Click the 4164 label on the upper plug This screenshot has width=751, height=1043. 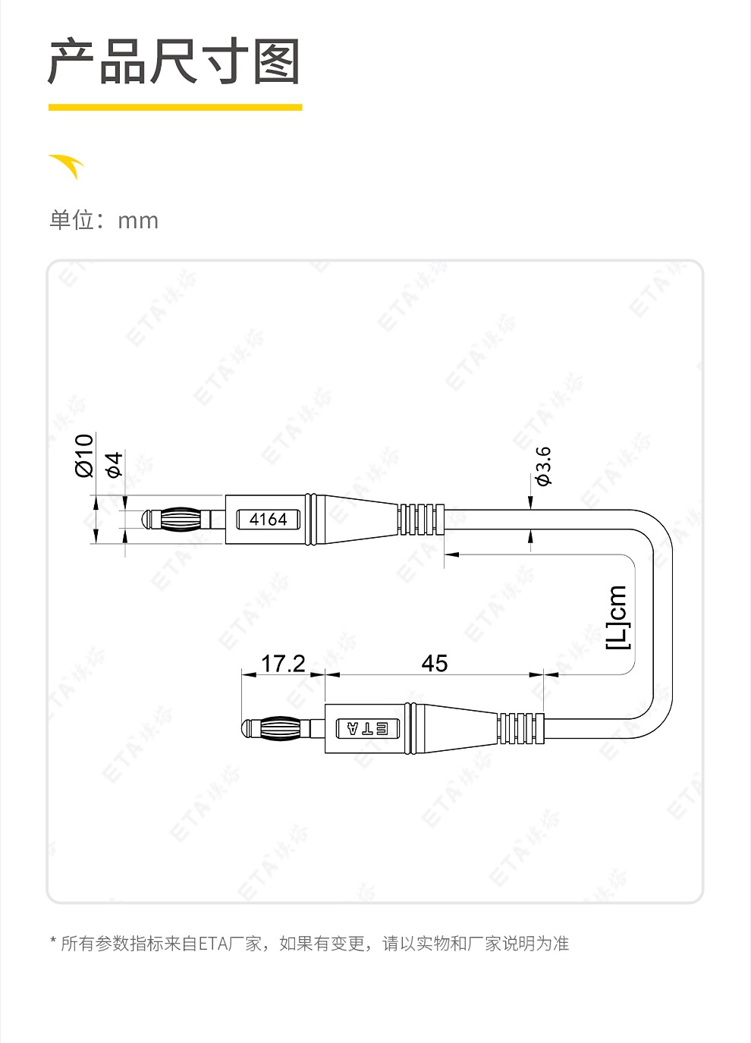(268, 519)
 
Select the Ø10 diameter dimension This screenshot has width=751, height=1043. (84, 455)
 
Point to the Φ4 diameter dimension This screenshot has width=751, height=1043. (115, 464)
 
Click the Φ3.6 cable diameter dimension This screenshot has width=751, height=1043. (544, 466)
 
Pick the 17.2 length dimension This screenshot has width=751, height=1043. (283, 663)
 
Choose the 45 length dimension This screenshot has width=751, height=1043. (435, 663)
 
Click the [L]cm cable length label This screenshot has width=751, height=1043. (617, 617)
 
